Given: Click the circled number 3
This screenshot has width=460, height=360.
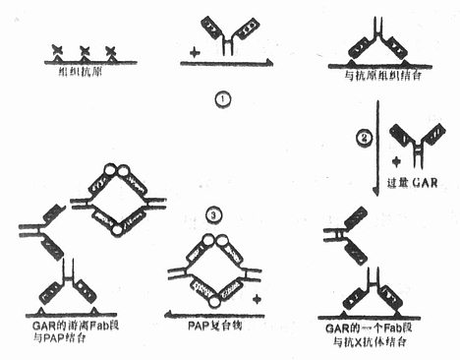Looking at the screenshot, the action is tap(213, 214).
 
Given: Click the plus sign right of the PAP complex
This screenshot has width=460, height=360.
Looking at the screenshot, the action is tap(257, 296).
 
